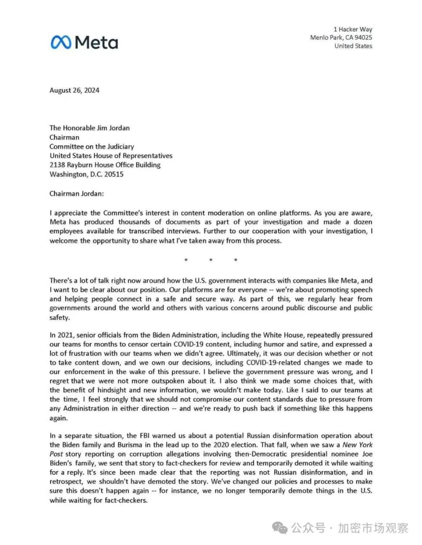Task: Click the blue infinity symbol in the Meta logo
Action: [61, 43]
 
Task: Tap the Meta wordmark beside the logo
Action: [96, 43]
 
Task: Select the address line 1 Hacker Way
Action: [353, 29]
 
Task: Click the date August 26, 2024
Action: [74, 90]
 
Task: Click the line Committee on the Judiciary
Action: [92, 147]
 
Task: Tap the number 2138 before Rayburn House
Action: [57, 165]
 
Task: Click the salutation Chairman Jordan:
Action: [76, 194]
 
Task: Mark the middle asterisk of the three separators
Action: [211, 260]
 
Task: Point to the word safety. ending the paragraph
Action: [59, 317]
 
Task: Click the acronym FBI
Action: [144, 436]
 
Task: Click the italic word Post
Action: [56, 454]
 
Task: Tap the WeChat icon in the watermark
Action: [280, 528]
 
